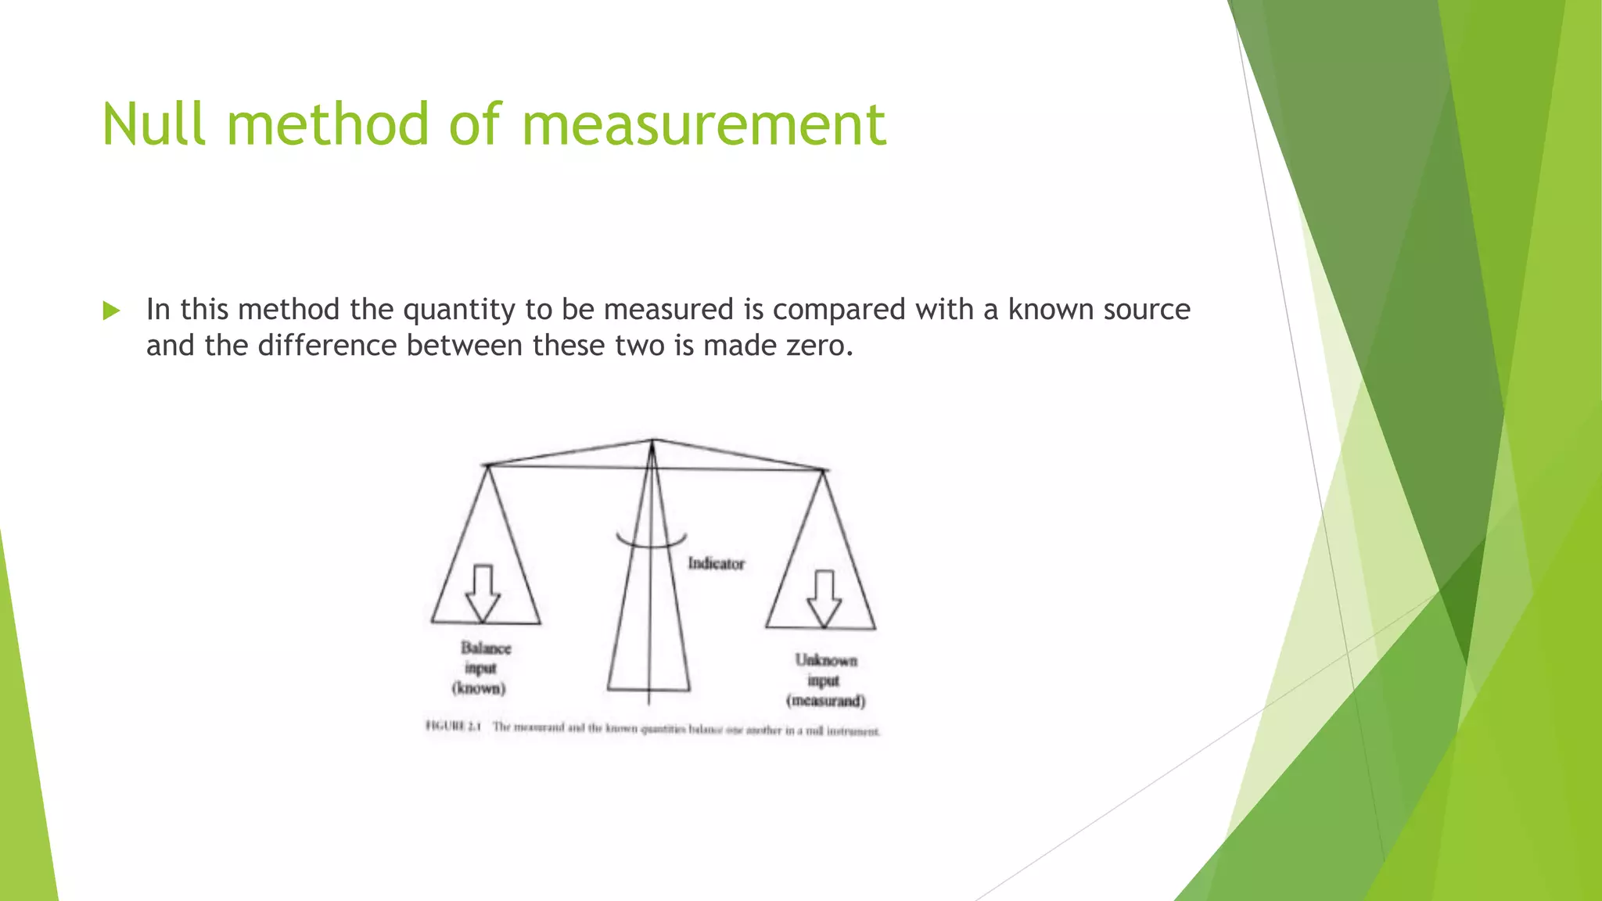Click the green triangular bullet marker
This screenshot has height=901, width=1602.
click(111, 311)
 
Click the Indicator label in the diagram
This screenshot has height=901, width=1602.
click(716, 563)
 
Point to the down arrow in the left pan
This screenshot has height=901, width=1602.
click(483, 593)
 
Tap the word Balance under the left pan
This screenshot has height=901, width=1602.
click(486, 648)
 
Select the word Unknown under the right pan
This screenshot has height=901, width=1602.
click(826, 660)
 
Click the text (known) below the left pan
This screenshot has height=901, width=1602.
click(479, 689)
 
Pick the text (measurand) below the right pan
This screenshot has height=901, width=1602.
click(826, 701)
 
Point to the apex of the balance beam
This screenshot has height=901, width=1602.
click(653, 440)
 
